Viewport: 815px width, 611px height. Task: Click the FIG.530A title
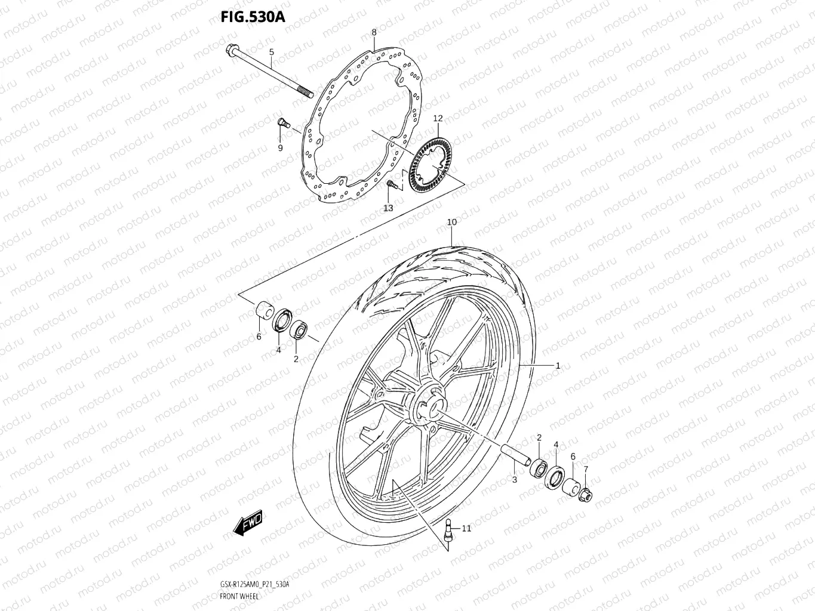point(253,16)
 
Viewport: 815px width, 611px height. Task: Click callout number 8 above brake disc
point(374,32)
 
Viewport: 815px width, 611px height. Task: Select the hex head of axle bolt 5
point(231,52)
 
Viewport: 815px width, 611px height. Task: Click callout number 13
point(388,208)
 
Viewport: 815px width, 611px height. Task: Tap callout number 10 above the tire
point(452,222)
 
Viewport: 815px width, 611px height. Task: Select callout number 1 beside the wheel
point(558,366)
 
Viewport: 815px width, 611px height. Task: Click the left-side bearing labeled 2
point(299,330)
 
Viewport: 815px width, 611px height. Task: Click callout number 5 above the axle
point(270,53)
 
